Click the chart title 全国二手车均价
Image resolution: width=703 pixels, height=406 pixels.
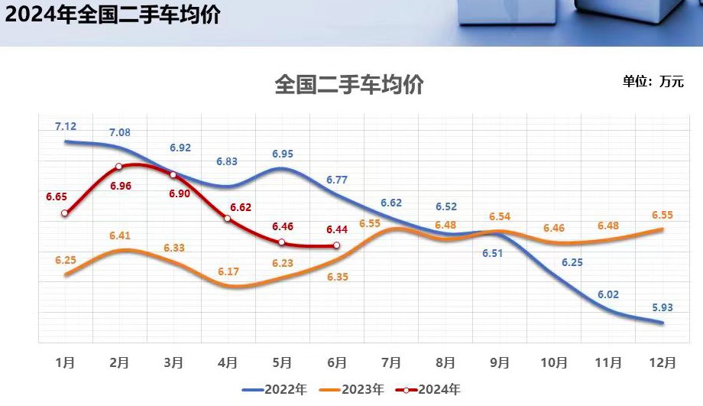[x=349, y=85]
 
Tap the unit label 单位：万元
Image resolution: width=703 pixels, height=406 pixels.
[x=653, y=82]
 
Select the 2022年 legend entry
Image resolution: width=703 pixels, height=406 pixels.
[x=275, y=390]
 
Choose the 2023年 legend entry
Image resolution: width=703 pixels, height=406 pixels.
[x=352, y=390]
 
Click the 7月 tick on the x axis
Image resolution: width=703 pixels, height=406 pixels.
[x=390, y=362]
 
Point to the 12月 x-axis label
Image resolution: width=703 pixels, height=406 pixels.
[x=662, y=362]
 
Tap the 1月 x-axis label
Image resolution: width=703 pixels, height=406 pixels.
[x=65, y=362]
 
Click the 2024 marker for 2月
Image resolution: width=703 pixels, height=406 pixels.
[x=119, y=166]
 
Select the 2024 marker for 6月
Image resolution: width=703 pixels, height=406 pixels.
[x=336, y=245]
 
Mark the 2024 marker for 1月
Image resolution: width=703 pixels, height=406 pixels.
[x=65, y=213]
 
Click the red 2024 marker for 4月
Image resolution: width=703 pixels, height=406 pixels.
[x=228, y=219]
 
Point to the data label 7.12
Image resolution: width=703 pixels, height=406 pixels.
[x=66, y=126]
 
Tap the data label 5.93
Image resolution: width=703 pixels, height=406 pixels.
[x=663, y=308]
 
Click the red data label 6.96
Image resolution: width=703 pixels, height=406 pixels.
[x=120, y=185]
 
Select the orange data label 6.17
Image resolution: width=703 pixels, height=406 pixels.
[x=228, y=271]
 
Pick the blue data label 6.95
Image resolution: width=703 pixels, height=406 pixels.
[x=283, y=154]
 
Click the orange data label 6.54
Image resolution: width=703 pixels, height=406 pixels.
[x=500, y=216]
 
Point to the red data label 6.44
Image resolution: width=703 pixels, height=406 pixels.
[x=337, y=229]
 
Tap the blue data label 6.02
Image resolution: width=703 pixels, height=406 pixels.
[x=608, y=293]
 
